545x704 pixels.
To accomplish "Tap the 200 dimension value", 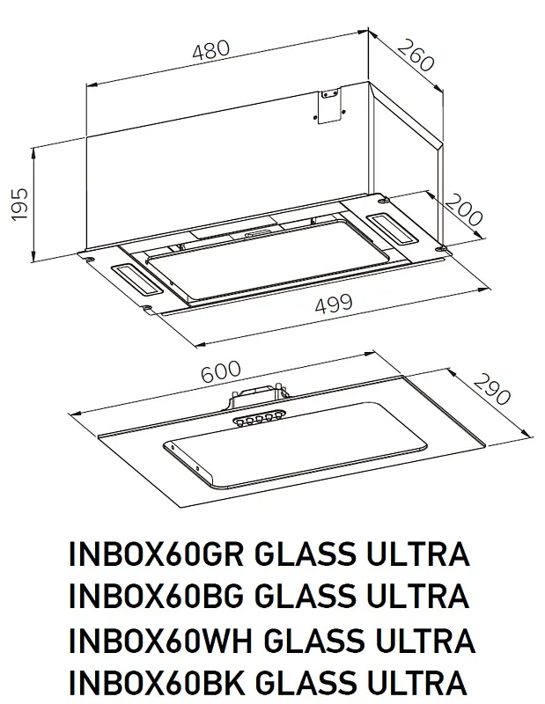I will click(x=465, y=214).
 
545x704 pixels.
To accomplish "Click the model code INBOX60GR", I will click(x=156, y=556).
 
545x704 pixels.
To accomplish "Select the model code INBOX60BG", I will click(x=156, y=598).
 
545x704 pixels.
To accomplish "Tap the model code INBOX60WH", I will click(x=158, y=640).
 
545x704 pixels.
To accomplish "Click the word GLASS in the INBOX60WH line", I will click(x=307, y=640).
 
